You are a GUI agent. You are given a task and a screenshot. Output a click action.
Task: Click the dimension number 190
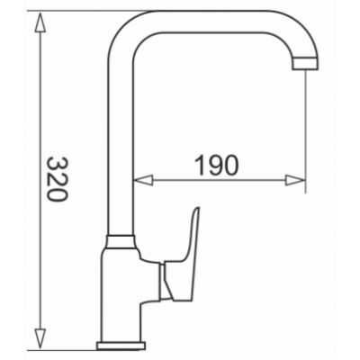click(217, 166)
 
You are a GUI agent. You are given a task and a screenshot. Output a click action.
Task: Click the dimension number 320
click(58, 179)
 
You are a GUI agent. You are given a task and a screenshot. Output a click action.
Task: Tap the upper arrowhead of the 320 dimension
click(40, 22)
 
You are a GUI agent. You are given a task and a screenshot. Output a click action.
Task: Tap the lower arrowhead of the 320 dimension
click(40, 338)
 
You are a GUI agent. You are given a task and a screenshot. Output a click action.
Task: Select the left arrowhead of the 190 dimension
click(143, 181)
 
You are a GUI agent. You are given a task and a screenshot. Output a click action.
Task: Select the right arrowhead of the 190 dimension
click(295, 181)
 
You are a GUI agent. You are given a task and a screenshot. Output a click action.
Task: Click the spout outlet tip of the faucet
click(305, 64)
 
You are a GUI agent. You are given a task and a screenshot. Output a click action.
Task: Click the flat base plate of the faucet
click(121, 346)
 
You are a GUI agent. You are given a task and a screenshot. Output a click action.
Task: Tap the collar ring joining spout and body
click(120, 242)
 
